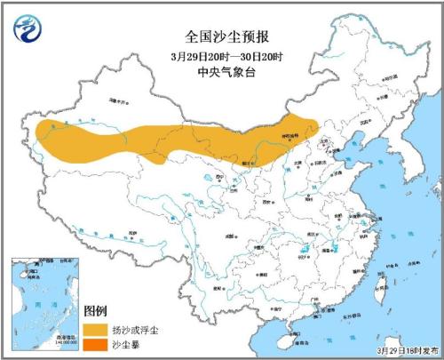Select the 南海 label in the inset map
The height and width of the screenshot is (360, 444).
coord(35,303)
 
